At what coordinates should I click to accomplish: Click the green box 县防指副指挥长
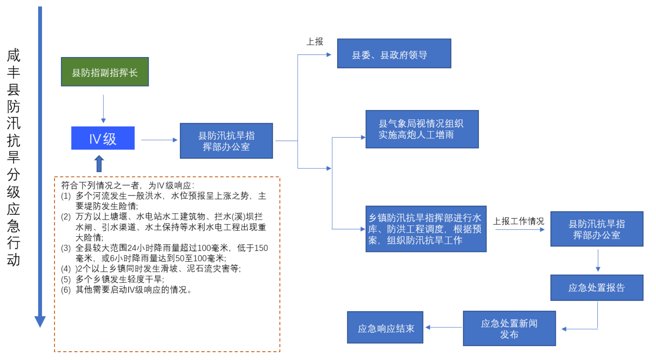[104, 72]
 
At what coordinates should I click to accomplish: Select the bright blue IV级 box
[103, 138]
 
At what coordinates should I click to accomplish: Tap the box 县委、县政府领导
[394, 54]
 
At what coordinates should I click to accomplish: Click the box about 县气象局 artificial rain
[422, 129]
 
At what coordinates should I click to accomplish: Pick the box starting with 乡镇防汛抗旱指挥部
[426, 229]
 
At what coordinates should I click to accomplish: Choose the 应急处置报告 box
[596, 287]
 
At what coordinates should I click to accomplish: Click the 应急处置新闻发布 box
[509, 328]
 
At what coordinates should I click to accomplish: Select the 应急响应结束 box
[385, 327]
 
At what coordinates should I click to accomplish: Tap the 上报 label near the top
[315, 42]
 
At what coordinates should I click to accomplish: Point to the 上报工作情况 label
[518, 221]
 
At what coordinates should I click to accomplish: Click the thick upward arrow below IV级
[99, 163]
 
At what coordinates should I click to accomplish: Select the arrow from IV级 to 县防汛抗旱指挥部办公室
[159, 140]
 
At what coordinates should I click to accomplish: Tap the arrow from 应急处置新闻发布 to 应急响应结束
[444, 327]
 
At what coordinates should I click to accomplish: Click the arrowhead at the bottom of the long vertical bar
[40, 321]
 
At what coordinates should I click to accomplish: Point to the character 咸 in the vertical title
[14, 56]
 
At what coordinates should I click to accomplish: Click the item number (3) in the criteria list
[66, 248]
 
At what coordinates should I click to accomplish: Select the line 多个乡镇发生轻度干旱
[120, 279]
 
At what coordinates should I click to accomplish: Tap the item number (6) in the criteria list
[66, 290]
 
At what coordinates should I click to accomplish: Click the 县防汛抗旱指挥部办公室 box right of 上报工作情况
[596, 229]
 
